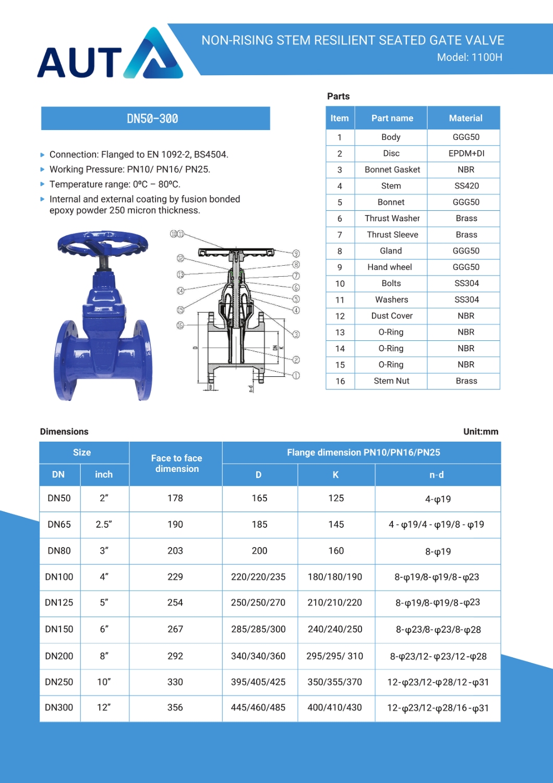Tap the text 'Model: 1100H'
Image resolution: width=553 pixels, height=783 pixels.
pyautogui.click(x=470, y=57)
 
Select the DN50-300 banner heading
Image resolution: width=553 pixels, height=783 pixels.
pyautogui.click(x=153, y=119)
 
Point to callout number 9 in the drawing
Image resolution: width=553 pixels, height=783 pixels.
pyautogui.click(x=296, y=254)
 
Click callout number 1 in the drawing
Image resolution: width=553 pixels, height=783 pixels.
pyautogui.click(x=296, y=375)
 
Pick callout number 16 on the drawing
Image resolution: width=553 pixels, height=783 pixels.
pyautogui.click(x=180, y=325)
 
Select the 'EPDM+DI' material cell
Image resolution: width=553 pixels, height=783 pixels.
pyautogui.click(x=466, y=153)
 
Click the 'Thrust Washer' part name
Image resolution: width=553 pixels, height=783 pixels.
pyautogui.click(x=392, y=218)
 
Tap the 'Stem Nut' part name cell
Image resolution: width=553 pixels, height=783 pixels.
pyautogui.click(x=391, y=381)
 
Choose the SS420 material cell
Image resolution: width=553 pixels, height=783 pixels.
pyautogui.click(x=466, y=186)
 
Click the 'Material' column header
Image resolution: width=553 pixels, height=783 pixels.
pyautogui.click(x=465, y=118)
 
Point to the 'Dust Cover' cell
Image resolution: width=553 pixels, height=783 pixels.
pyautogui.click(x=392, y=316)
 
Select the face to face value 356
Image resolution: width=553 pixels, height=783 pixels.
pyautogui.click(x=175, y=707)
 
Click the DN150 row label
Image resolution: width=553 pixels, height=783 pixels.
pyautogui.click(x=59, y=629)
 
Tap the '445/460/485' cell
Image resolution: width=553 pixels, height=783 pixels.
pyautogui.click(x=258, y=707)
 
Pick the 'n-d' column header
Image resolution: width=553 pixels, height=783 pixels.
pyautogui.click(x=437, y=475)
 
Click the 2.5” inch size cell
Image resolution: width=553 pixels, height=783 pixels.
pyautogui.click(x=104, y=525)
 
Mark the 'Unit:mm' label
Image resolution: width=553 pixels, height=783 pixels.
pyautogui.click(x=480, y=432)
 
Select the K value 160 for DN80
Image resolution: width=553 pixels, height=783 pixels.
pyautogui.click(x=336, y=551)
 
